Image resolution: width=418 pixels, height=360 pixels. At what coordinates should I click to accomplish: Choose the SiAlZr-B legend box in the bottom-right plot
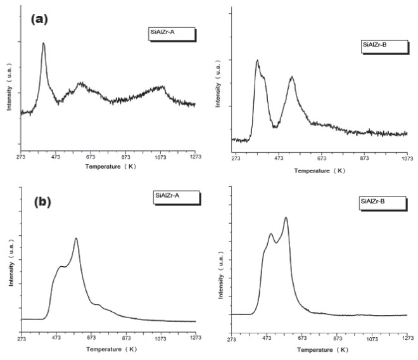coord(377,202)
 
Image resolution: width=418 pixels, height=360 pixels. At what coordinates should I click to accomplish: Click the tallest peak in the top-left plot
coord(44,44)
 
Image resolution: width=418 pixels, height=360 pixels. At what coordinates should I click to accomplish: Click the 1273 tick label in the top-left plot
coord(194,157)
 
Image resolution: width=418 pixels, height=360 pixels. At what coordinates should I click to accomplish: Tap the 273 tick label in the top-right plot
coord(236,157)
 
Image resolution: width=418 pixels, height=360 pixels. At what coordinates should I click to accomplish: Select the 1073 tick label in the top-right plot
coord(406,157)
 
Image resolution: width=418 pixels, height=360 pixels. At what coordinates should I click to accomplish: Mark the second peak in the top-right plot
coord(292,78)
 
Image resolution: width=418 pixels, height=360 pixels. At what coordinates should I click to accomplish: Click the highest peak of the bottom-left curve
coord(76,239)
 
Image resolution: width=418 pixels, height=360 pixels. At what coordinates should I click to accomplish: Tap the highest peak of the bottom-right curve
coord(286,218)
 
